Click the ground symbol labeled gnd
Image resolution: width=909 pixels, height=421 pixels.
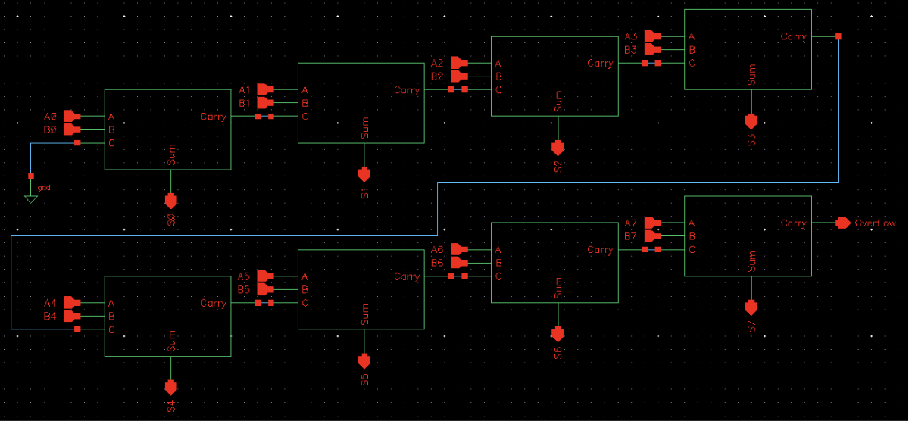[x=30, y=198]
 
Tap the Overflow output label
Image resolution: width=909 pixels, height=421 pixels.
[x=875, y=223]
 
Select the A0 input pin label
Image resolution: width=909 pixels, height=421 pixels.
[x=51, y=117]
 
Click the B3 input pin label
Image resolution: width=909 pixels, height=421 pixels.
[x=631, y=50]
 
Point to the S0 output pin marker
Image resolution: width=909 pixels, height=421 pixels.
[x=170, y=201]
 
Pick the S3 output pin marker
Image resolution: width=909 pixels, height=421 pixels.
[x=751, y=121]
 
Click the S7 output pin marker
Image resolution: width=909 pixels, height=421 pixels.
[x=751, y=307]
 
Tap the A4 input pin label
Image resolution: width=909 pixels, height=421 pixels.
[x=51, y=303]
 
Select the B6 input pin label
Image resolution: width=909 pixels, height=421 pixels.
[x=437, y=263]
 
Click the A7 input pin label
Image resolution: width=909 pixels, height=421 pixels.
[x=631, y=223]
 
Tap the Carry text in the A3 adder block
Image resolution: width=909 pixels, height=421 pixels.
[x=793, y=36]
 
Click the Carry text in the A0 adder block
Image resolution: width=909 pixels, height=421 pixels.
[x=213, y=117]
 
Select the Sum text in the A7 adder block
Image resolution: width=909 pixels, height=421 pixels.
[x=751, y=261]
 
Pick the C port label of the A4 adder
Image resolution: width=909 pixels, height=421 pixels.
[x=111, y=329]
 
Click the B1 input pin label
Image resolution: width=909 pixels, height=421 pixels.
[x=245, y=103]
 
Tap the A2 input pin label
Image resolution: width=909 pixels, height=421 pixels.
[x=437, y=64]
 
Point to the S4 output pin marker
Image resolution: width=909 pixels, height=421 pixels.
[x=170, y=387]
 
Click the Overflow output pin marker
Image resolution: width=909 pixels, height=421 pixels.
[x=842, y=223]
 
